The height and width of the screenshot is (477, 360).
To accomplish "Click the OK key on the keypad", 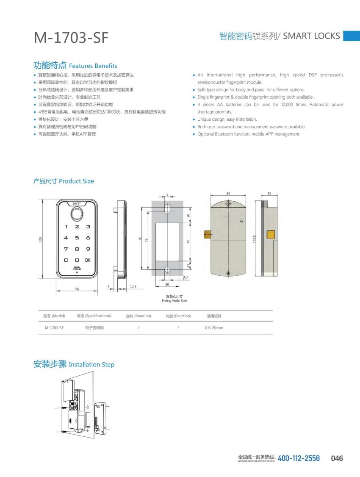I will coord(88,260).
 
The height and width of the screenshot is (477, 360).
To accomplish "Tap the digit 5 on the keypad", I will coord(77,238).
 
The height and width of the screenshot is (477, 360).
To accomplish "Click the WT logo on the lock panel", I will coord(77,203).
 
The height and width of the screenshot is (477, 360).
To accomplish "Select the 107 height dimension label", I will coord(41,239).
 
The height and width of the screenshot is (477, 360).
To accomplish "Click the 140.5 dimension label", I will coord(255,239).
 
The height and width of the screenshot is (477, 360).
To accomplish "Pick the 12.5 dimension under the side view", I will coord(133,287).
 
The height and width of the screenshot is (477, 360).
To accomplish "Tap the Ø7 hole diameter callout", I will coord(185,278).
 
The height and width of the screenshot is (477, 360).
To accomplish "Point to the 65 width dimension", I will coord(228,193).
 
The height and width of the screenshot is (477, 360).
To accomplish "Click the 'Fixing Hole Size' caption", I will coord(174,301).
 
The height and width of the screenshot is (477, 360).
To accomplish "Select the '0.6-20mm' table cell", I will coord(214,328).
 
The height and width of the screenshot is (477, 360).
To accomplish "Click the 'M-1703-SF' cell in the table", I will coord(54,328).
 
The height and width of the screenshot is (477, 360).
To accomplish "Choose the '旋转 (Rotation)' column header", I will coord(138,316).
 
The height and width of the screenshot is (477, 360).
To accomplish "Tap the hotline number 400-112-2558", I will coord(299,458).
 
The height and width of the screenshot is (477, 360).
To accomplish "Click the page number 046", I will coord(337,458).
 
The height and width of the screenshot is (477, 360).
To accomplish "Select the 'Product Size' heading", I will coord(76,181).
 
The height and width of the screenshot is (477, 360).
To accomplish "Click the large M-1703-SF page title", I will coord(71,38).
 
